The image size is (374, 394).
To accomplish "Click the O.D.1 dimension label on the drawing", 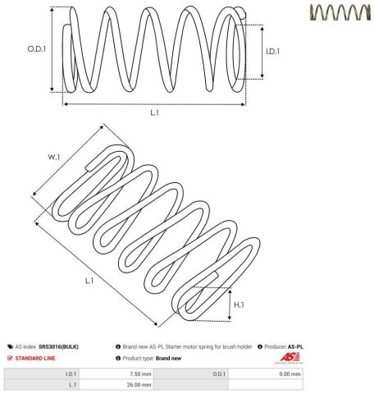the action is point(37,49).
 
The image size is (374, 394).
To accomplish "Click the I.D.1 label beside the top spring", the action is point(273,52).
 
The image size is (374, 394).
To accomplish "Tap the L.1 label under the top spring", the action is point(155,112).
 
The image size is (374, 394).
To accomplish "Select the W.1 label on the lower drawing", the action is point(54,157).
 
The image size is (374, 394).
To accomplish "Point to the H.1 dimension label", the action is point(239,305).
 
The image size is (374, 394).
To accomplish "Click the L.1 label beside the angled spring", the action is point(89,281).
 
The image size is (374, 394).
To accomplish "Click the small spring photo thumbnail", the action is point(340,12).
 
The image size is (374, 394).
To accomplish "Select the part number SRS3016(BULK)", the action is point(58,346).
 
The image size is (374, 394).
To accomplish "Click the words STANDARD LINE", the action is point(35,358).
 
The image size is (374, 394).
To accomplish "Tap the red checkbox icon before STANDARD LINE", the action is point(10,358).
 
